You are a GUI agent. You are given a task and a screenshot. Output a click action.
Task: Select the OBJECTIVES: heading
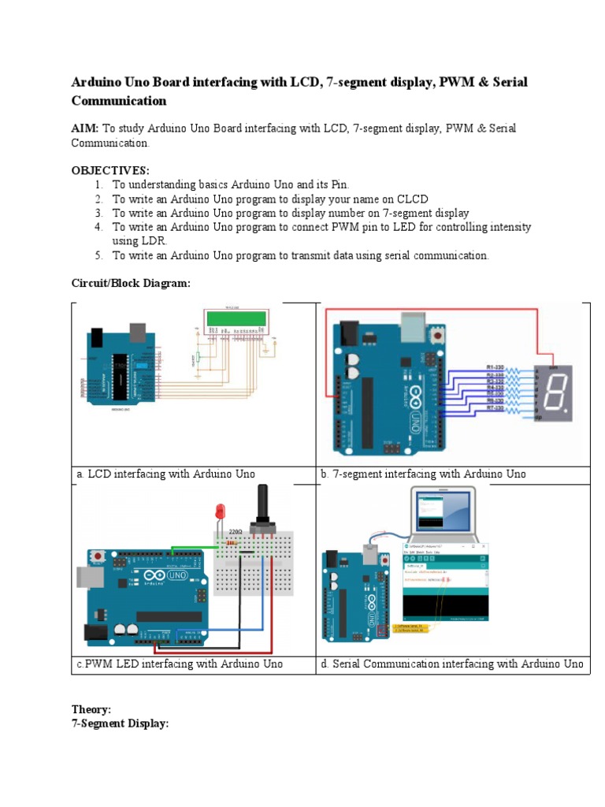tap(110, 170)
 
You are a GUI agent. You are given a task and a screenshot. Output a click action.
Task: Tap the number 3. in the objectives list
tap(99, 213)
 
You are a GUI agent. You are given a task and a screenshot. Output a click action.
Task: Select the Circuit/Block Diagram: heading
tap(131, 284)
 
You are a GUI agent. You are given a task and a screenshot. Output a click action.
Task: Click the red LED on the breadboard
tap(221, 512)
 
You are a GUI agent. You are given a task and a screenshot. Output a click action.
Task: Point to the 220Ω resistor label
tap(235, 532)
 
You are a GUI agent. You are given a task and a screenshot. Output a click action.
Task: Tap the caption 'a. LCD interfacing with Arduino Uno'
tap(166, 474)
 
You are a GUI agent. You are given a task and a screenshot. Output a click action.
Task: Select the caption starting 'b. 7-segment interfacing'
tap(423, 474)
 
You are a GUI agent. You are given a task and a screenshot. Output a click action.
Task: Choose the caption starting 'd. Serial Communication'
tap(451, 664)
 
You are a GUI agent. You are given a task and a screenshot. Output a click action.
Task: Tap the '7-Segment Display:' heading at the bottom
tap(120, 723)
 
